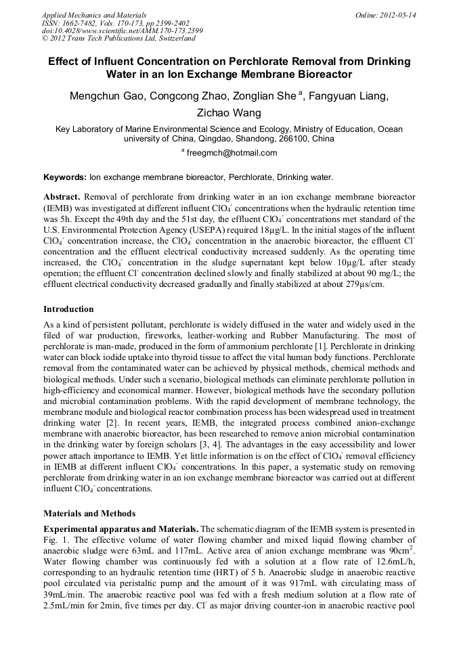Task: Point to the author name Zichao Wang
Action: pos(229,113)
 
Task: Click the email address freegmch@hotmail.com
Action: pos(232,153)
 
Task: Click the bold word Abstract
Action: pos(62,196)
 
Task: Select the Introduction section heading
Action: pos(68,309)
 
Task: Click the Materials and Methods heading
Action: pos(89,514)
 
